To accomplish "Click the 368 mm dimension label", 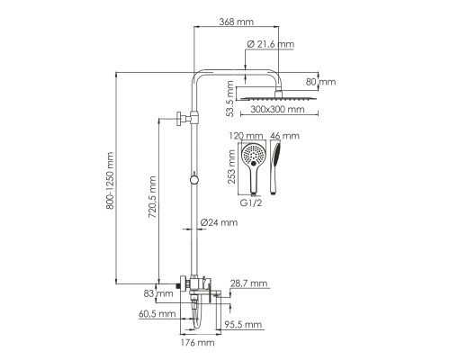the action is tap(236, 22).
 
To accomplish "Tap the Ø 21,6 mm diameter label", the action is tap(270, 44).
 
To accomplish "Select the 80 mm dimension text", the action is tap(320, 82).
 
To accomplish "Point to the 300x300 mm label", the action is tap(277, 109).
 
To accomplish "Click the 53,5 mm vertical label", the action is tap(229, 98).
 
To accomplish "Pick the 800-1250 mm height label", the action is tap(110, 181).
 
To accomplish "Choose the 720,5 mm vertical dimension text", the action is tap(152, 197).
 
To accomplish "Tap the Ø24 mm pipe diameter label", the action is tap(219, 222).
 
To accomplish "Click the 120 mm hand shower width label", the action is tap(246, 136).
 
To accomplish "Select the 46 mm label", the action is tap(284, 136).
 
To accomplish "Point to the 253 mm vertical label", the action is tap(231, 166).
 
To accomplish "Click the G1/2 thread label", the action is tap(251, 202).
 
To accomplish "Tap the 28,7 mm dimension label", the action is tap(248, 283).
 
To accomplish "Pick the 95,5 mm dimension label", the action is tap(243, 324).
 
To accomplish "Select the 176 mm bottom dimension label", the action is tap(197, 342).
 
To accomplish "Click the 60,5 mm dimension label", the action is tap(157, 314).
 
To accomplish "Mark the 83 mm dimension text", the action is tap(158, 293).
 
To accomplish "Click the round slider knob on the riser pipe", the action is tap(194, 180).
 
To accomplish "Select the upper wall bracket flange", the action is tap(179, 118).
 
